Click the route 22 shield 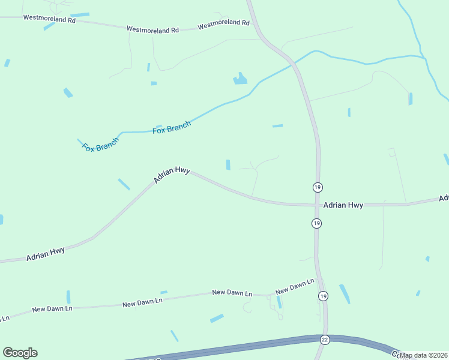coord(324,340)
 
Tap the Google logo coord(20,353)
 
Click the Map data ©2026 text coord(424,355)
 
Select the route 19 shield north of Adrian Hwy coord(317,187)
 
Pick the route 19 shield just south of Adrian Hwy coord(317,223)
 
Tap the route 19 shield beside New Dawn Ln coord(323,296)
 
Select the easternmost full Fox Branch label coord(172,127)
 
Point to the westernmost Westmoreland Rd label coord(49,19)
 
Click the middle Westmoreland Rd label coord(153,29)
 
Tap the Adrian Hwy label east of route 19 coord(343,205)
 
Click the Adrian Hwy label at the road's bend coord(172,174)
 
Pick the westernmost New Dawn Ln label coord(52,308)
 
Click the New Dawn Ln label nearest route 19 coord(295,286)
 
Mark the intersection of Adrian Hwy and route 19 coord(317,205)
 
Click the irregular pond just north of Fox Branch coord(240,79)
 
